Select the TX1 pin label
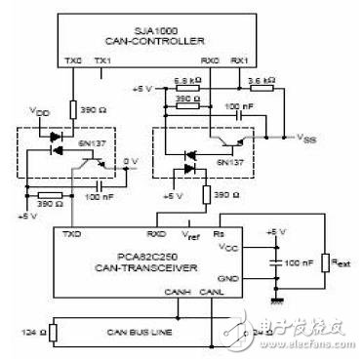point(101,61)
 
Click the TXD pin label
point(71,234)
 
